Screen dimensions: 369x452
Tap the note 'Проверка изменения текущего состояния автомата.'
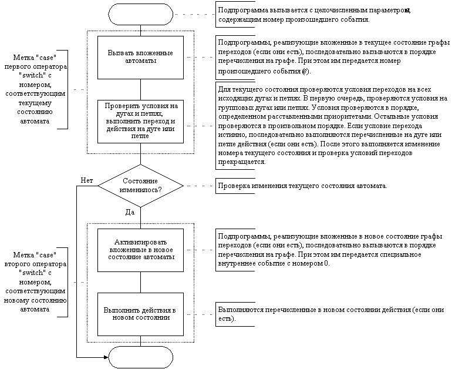pos(302,186)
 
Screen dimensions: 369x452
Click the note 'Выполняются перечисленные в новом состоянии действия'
pos(329,314)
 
